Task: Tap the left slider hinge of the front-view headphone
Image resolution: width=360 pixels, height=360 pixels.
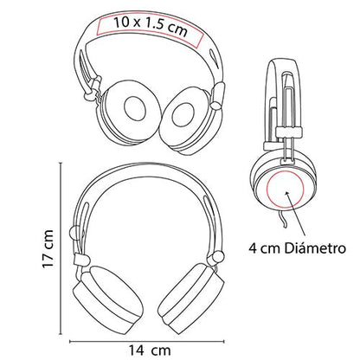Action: [82, 260]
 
